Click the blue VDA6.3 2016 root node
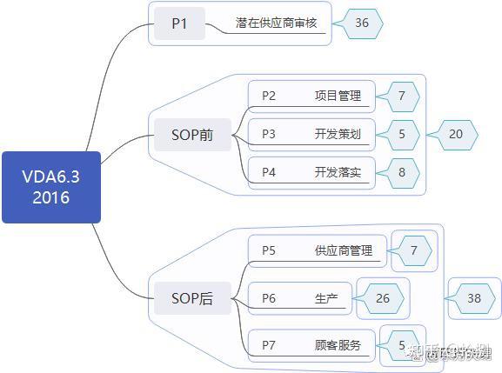click(50, 187)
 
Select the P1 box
click(179, 23)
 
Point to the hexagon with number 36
click(362, 23)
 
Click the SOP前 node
click(189, 135)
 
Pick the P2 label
click(269, 96)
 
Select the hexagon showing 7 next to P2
click(402, 96)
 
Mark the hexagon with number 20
click(456, 134)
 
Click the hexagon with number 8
click(402, 172)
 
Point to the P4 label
click(269, 172)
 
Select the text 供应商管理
click(343, 250)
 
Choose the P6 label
click(269, 298)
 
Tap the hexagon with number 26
click(383, 298)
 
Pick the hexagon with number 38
click(474, 298)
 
